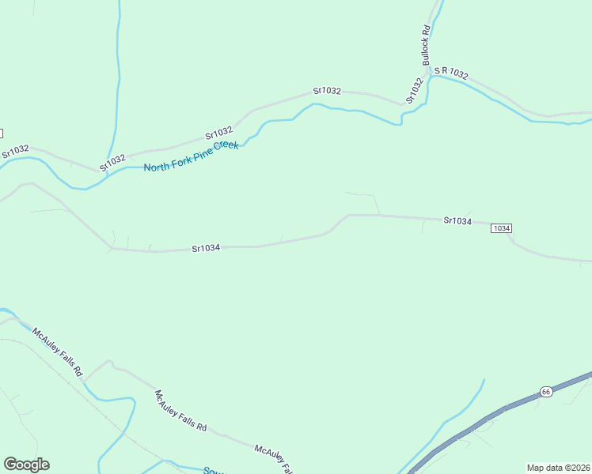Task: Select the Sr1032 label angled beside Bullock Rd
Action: click(415, 91)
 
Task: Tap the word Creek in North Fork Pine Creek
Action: click(226, 147)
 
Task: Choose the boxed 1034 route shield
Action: click(502, 228)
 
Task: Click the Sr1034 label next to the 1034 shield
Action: click(457, 221)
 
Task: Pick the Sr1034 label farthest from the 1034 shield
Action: click(206, 248)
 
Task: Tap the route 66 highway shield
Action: click(546, 392)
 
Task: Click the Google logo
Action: click(26, 465)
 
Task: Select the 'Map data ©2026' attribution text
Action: click(558, 468)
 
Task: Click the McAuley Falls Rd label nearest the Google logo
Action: click(58, 351)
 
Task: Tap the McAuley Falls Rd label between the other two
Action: click(180, 411)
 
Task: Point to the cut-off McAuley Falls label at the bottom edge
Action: click(273, 458)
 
